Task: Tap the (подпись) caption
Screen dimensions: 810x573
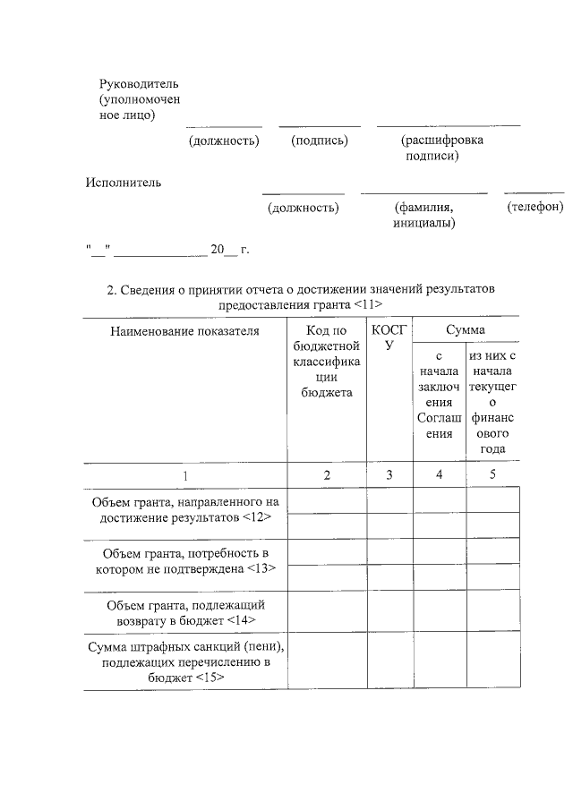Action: click(x=319, y=141)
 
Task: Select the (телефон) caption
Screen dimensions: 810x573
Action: click(x=535, y=207)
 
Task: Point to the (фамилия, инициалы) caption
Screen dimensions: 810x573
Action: click(x=423, y=215)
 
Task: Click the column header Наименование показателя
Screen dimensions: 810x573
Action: click(x=184, y=331)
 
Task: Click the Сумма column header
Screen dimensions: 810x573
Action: click(x=466, y=331)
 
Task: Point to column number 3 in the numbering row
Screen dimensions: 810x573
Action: click(x=389, y=475)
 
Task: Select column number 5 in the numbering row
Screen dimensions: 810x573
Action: click(x=492, y=475)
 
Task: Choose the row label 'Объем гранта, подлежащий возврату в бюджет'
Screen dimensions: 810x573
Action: click(x=184, y=611)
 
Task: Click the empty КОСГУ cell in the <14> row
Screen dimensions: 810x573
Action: click(x=389, y=612)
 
